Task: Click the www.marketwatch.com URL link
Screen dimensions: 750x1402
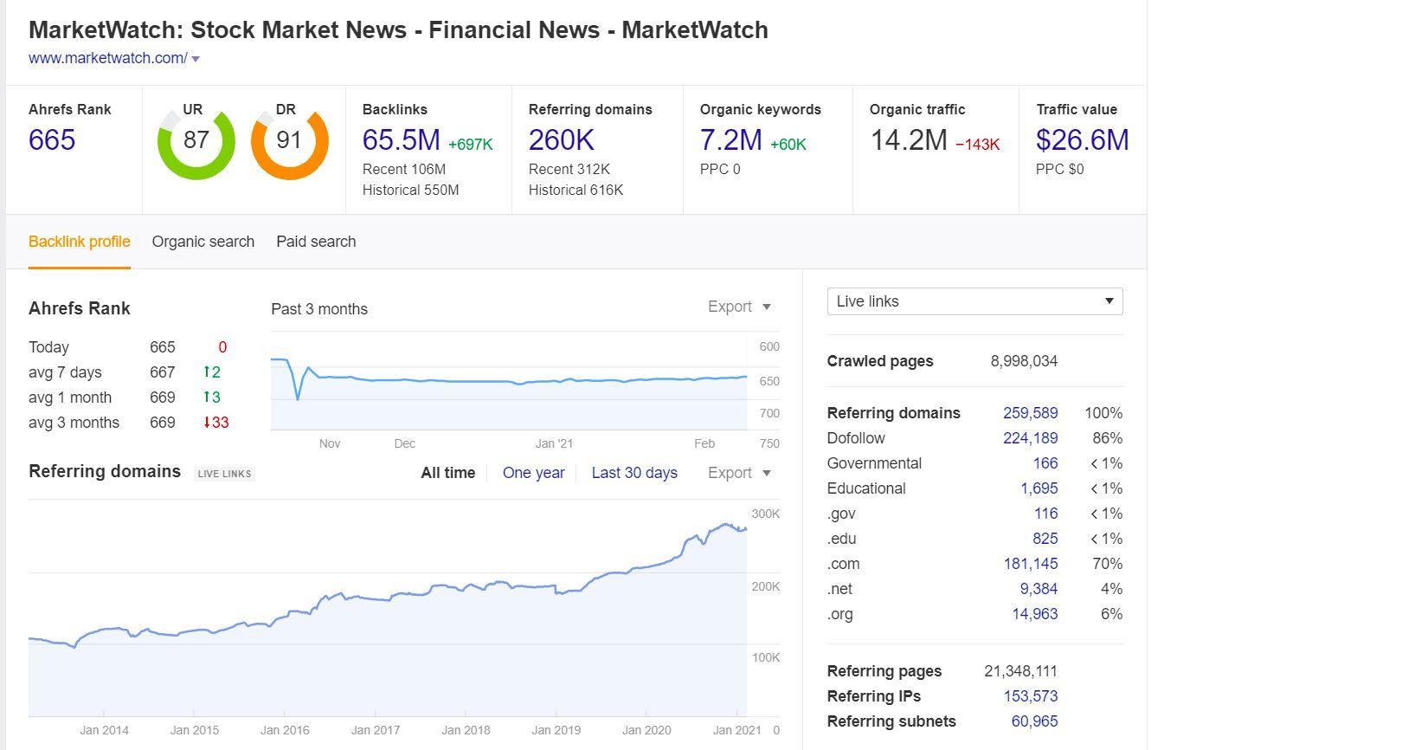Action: pos(107,58)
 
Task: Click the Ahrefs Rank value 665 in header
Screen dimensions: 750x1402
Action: pos(52,140)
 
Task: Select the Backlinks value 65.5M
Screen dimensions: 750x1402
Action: pos(401,140)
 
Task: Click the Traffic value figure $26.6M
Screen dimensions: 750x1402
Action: pos(1082,140)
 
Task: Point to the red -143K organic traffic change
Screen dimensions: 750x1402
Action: pos(977,145)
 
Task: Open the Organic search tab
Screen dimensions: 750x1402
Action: pos(203,242)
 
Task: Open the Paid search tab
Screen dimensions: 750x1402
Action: pos(316,242)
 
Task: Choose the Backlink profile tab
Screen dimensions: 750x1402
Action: pos(80,242)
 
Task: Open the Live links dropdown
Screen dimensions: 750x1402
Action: pos(974,301)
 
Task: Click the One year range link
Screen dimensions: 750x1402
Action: pos(533,473)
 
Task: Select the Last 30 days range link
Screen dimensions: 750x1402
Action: pos(634,473)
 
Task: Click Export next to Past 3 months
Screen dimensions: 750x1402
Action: pos(738,307)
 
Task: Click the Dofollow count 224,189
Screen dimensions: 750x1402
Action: pos(1030,438)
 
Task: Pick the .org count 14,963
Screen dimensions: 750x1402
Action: pos(1034,614)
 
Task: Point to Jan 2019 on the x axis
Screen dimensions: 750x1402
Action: pos(556,730)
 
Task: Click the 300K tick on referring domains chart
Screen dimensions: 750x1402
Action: pos(765,514)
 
